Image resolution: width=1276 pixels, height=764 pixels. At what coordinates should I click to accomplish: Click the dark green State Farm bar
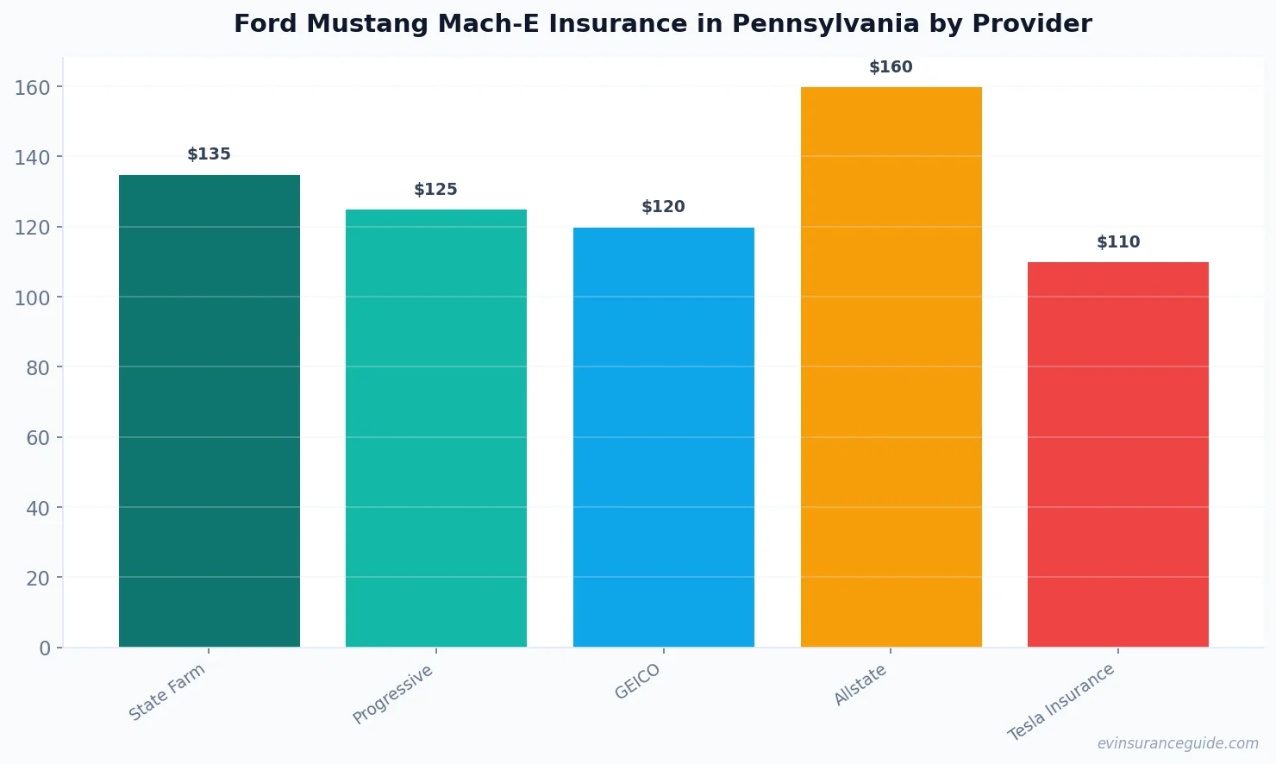(209, 410)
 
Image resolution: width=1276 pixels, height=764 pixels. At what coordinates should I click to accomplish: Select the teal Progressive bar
(435, 428)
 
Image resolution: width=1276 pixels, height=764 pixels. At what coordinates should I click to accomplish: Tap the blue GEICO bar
(663, 436)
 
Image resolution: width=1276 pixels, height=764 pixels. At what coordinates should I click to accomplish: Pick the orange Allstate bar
(891, 366)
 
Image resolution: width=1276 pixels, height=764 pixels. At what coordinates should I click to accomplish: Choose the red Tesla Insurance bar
(1117, 454)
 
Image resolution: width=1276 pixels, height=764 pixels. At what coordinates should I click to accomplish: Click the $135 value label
(209, 154)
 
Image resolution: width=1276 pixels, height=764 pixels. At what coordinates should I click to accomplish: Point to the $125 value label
(435, 190)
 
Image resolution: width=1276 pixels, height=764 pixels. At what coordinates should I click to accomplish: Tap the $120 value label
(663, 207)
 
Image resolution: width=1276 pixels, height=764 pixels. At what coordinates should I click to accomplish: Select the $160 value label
(891, 67)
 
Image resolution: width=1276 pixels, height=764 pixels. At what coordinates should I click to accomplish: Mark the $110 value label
(1117, 242)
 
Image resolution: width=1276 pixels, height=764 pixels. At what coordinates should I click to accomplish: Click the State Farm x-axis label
(167, 692)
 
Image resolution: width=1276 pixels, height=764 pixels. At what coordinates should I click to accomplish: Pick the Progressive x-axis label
(393, 694)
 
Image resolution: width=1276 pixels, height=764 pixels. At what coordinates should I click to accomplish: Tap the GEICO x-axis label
(637, 681)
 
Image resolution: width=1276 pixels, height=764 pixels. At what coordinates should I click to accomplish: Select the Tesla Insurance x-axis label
(1061, 702)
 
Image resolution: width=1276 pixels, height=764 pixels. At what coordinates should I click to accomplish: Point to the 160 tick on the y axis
(32, 87)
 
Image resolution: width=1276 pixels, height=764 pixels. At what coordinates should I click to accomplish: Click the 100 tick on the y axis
(32, 297)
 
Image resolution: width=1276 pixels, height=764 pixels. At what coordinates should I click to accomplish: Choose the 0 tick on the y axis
(45, 648)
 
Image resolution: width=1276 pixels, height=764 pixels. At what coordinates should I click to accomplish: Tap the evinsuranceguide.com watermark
(1178, 743)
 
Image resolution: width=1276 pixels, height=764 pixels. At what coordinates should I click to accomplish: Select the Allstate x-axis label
(860, 686)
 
